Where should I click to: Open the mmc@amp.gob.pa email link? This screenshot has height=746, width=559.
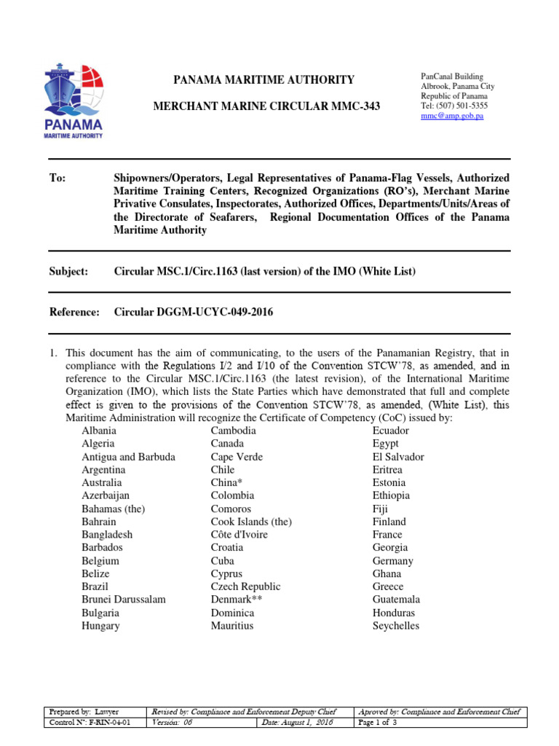453,117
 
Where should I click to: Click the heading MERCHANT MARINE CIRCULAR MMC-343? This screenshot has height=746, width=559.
265,106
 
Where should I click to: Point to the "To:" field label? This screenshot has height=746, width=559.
58,178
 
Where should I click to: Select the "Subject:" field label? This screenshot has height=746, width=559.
68,271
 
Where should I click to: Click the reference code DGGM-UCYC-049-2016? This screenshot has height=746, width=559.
220,312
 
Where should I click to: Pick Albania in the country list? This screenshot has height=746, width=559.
99,431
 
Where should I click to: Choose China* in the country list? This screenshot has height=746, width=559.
225,482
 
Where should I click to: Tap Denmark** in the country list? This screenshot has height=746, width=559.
237,600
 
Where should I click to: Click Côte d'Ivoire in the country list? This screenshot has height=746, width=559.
239,535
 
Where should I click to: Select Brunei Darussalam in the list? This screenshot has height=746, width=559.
124,600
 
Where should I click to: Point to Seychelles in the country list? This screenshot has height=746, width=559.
396,626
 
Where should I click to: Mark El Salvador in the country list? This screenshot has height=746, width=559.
398,457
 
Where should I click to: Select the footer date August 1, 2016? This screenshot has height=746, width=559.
296,723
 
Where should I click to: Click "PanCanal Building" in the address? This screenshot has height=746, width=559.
452,76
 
